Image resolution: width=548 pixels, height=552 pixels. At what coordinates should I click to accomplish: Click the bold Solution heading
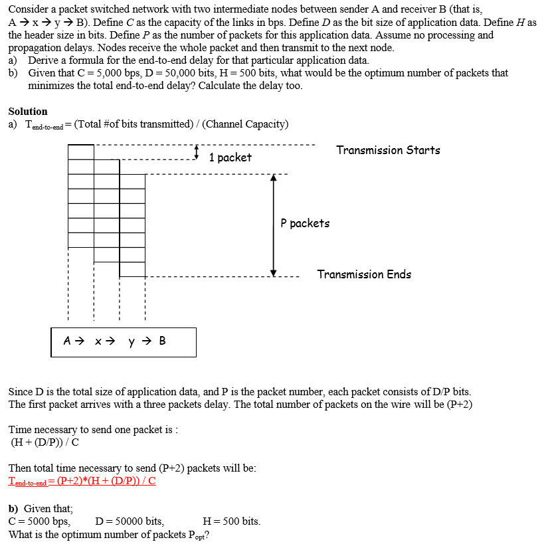click(x=28, y=112)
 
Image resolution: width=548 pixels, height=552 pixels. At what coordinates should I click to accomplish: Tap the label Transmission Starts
click(x=388, y=150)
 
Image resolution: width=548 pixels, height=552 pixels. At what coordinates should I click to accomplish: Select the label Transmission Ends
click(x=364, y=274)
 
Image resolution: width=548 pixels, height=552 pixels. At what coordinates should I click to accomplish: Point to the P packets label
click(x=305, y=223)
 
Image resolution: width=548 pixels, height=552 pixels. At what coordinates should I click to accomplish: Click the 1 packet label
click(x=230, y=157)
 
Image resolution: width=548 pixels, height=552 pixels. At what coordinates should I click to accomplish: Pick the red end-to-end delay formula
click(x=82, y=481)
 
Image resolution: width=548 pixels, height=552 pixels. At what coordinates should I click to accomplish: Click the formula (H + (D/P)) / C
click(x=46, y=442)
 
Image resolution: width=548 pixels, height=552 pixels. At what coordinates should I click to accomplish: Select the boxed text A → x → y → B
click(x=115, y=341)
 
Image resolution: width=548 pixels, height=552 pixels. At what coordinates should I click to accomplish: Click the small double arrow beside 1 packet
click(x=197, y=153)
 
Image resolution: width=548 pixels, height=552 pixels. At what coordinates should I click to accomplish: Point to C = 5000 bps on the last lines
click(x=39, y=521)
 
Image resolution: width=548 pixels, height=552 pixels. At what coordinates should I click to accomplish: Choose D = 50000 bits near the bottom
click(x=130, y=521)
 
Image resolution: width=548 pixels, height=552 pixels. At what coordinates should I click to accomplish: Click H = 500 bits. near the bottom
click(x=231, y=521)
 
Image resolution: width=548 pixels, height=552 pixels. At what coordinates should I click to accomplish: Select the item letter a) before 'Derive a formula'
click(x=13, y=60)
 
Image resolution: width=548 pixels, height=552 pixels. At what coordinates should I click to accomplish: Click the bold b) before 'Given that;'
click(x=13, y=508)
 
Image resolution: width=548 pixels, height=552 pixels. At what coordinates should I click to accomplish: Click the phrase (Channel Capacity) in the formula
click(x=249, y=124)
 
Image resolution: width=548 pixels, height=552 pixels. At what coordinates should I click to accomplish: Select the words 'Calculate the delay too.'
click(x=250, y=86)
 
